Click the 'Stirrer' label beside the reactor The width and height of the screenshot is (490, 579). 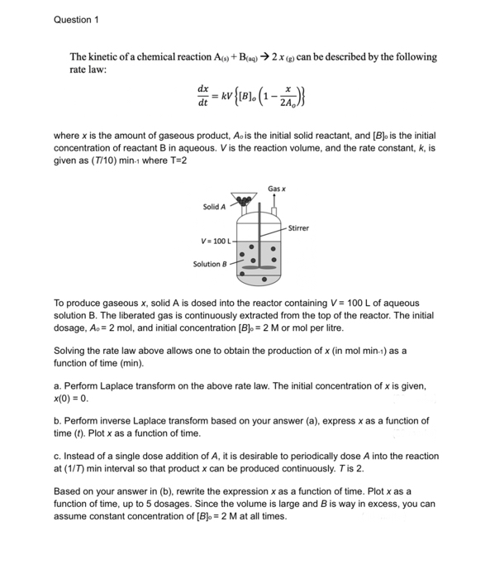[x=298, y=227]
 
